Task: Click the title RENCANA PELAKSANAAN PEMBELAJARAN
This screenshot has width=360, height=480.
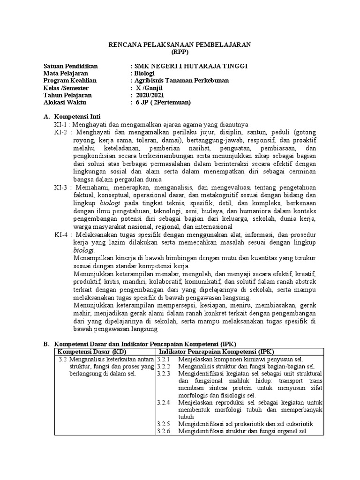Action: click(x=180, y=45)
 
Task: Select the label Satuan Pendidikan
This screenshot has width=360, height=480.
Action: click(x=71, y=66)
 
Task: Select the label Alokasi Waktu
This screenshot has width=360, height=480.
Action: click(x=65, y=102)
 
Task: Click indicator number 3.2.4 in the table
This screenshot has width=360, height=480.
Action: click(x=164, y=403)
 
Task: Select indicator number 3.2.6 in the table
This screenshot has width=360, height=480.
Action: click(x=164, y=431)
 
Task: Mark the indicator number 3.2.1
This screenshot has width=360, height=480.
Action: click(x=164, y=359)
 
